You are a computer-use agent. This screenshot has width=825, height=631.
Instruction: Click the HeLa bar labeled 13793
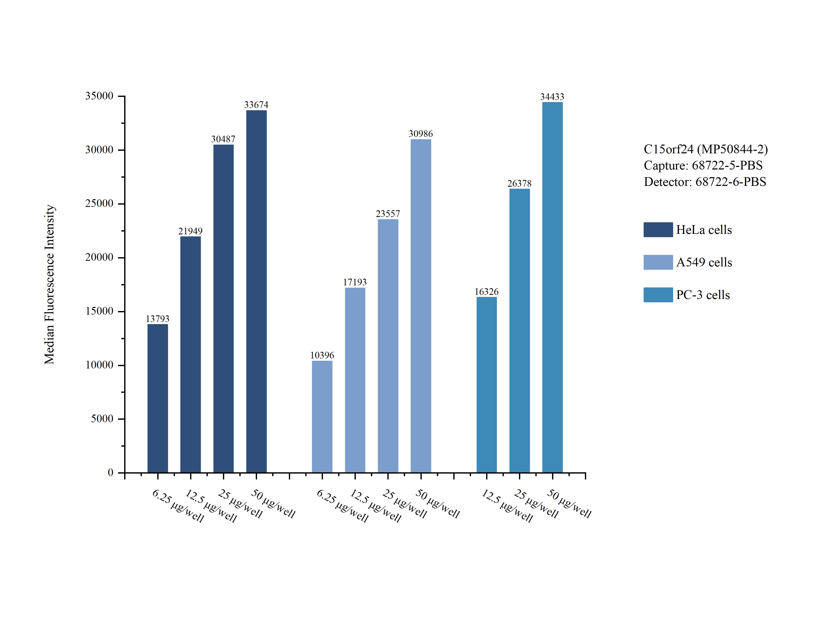(158, 398)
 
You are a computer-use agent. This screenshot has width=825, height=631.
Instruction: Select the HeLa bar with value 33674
(256, 291)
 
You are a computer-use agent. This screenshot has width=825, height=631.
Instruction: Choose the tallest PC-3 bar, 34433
(552, 287)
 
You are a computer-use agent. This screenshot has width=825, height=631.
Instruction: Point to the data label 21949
(190, 231)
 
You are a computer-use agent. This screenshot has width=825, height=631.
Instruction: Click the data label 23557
(388, 214)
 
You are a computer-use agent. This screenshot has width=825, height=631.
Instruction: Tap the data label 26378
(519, 183)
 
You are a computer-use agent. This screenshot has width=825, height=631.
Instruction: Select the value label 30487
(223, 139)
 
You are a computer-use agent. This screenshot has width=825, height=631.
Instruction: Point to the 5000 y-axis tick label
(102, 419)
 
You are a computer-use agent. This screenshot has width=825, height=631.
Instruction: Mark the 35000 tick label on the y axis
(99, 96)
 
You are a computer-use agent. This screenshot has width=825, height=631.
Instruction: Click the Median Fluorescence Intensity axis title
(50, 284)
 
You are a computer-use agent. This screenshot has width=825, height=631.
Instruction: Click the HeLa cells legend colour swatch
(658, 229)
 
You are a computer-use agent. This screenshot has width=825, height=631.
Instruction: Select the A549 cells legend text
(704, 262)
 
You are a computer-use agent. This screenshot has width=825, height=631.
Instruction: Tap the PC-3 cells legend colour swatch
(658, 295)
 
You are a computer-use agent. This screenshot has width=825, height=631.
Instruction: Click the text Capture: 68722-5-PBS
(703, 165)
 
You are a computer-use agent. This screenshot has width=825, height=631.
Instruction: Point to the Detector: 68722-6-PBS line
(705, 182)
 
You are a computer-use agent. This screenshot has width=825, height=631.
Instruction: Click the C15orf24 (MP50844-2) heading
(705, 149)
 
